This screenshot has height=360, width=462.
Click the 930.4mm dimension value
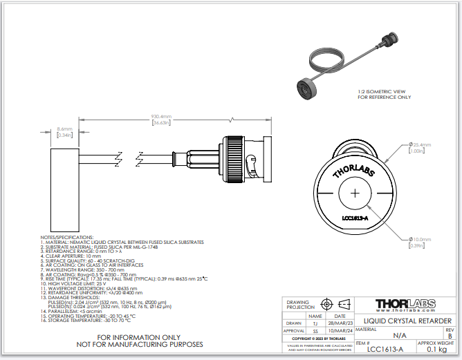(161, 116)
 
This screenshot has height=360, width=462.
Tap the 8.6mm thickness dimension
(64, 129)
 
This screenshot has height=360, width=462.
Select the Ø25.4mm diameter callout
(421, 144)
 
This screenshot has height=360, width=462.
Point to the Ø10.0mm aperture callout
(421, 239)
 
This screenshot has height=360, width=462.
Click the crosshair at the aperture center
(355, 194)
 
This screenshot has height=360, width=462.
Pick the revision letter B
(450, 336)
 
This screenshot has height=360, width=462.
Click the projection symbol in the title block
(335, 304)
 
